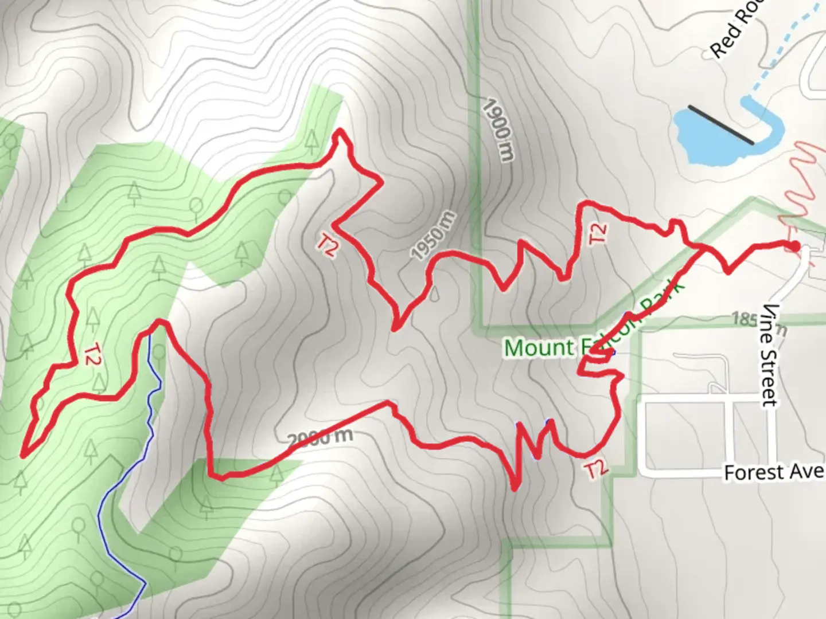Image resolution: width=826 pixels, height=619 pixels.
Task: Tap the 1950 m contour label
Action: click(x=434, y=234)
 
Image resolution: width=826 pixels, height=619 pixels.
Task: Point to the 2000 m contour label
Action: click(x=320, y=438)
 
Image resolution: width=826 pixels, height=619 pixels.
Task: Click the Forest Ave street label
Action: click(x=773, y=473)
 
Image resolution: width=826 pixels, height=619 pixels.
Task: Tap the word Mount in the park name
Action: click(x=538, y=347)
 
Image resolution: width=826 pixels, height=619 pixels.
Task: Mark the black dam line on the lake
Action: click(x=721, y=124)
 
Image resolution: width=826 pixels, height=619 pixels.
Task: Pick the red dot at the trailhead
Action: click(x=795, y=246)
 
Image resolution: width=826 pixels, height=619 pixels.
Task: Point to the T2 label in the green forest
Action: click(x=91, y=355)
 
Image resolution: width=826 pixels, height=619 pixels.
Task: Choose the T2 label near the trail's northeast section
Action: click(x=598, y=233)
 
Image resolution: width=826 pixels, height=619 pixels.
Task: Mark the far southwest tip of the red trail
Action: click(x=23, y=456)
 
